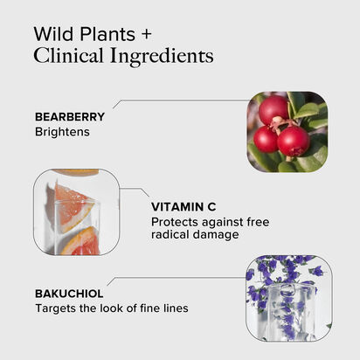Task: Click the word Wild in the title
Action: tap(54, 34)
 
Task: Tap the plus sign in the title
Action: tap(147, 34)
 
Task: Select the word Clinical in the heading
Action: tap(68, 56)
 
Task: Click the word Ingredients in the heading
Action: tap(162, 57)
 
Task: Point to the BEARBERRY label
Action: tap(70, 117)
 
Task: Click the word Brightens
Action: tap(62, 132)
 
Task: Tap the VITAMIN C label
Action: tap(183, 207)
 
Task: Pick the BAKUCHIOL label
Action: tap(69, 294)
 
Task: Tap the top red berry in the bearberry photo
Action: tap(273, 109)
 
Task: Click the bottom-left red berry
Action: tap(266, 140)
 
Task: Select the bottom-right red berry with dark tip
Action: tap(293, 142)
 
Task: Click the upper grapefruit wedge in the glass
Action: tap(73, 206)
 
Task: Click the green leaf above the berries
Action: tap(308, 111)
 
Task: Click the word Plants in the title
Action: tap(107, 34)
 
